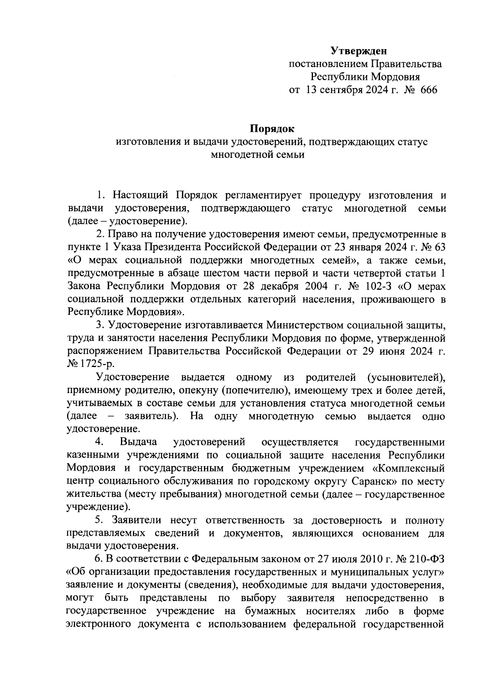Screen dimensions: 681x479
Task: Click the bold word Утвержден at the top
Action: click(x=359, y=51)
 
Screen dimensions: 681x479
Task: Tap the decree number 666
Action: click(x=429, y=89)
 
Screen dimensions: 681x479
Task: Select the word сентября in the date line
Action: click(x=338, y=89)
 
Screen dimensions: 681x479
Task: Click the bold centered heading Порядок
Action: click(x=272, y=129)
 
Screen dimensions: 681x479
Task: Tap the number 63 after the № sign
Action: click(x=438, y=247)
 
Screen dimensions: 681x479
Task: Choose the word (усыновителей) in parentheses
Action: click(x=406, y=377)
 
